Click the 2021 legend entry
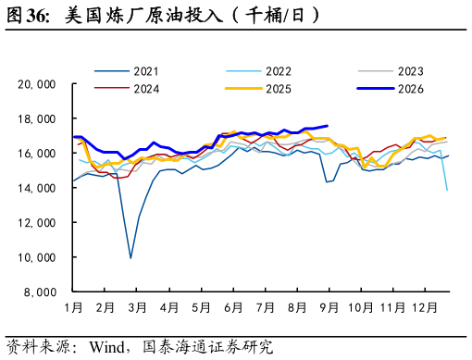click(x=127, y=71)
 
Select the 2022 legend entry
click(x=258, y=71)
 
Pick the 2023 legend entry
click(x=391, y=71)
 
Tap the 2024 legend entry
click(x=127, y=89)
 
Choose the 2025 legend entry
click(x=258, y=89)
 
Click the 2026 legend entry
click(x=391, y=89)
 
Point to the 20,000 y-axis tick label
click(x=37, y=84)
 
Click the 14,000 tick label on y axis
click(x=37, y=188)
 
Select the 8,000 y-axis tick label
click(x=40, y=292)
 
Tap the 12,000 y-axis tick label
click(x=37, y=222)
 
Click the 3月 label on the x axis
click(x=137, y=307)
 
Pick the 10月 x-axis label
click(x=361, y=307)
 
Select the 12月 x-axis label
click(x=425, y=307)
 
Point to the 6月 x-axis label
click(x=233, y=307)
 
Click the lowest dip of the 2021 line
click(x=130, y=258)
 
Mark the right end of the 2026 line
click(x=328, y=126)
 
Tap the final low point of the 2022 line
click(x=447, y=191)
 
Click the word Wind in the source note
click(x=107, y=347)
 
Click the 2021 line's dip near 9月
click(x=327, y=181)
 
